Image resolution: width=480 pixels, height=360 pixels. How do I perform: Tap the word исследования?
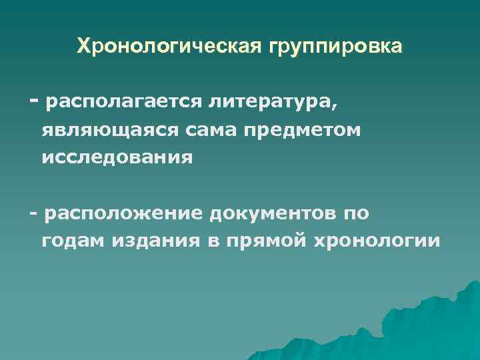[117, 158]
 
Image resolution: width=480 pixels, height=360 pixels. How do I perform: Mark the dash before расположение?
[33, 213]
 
